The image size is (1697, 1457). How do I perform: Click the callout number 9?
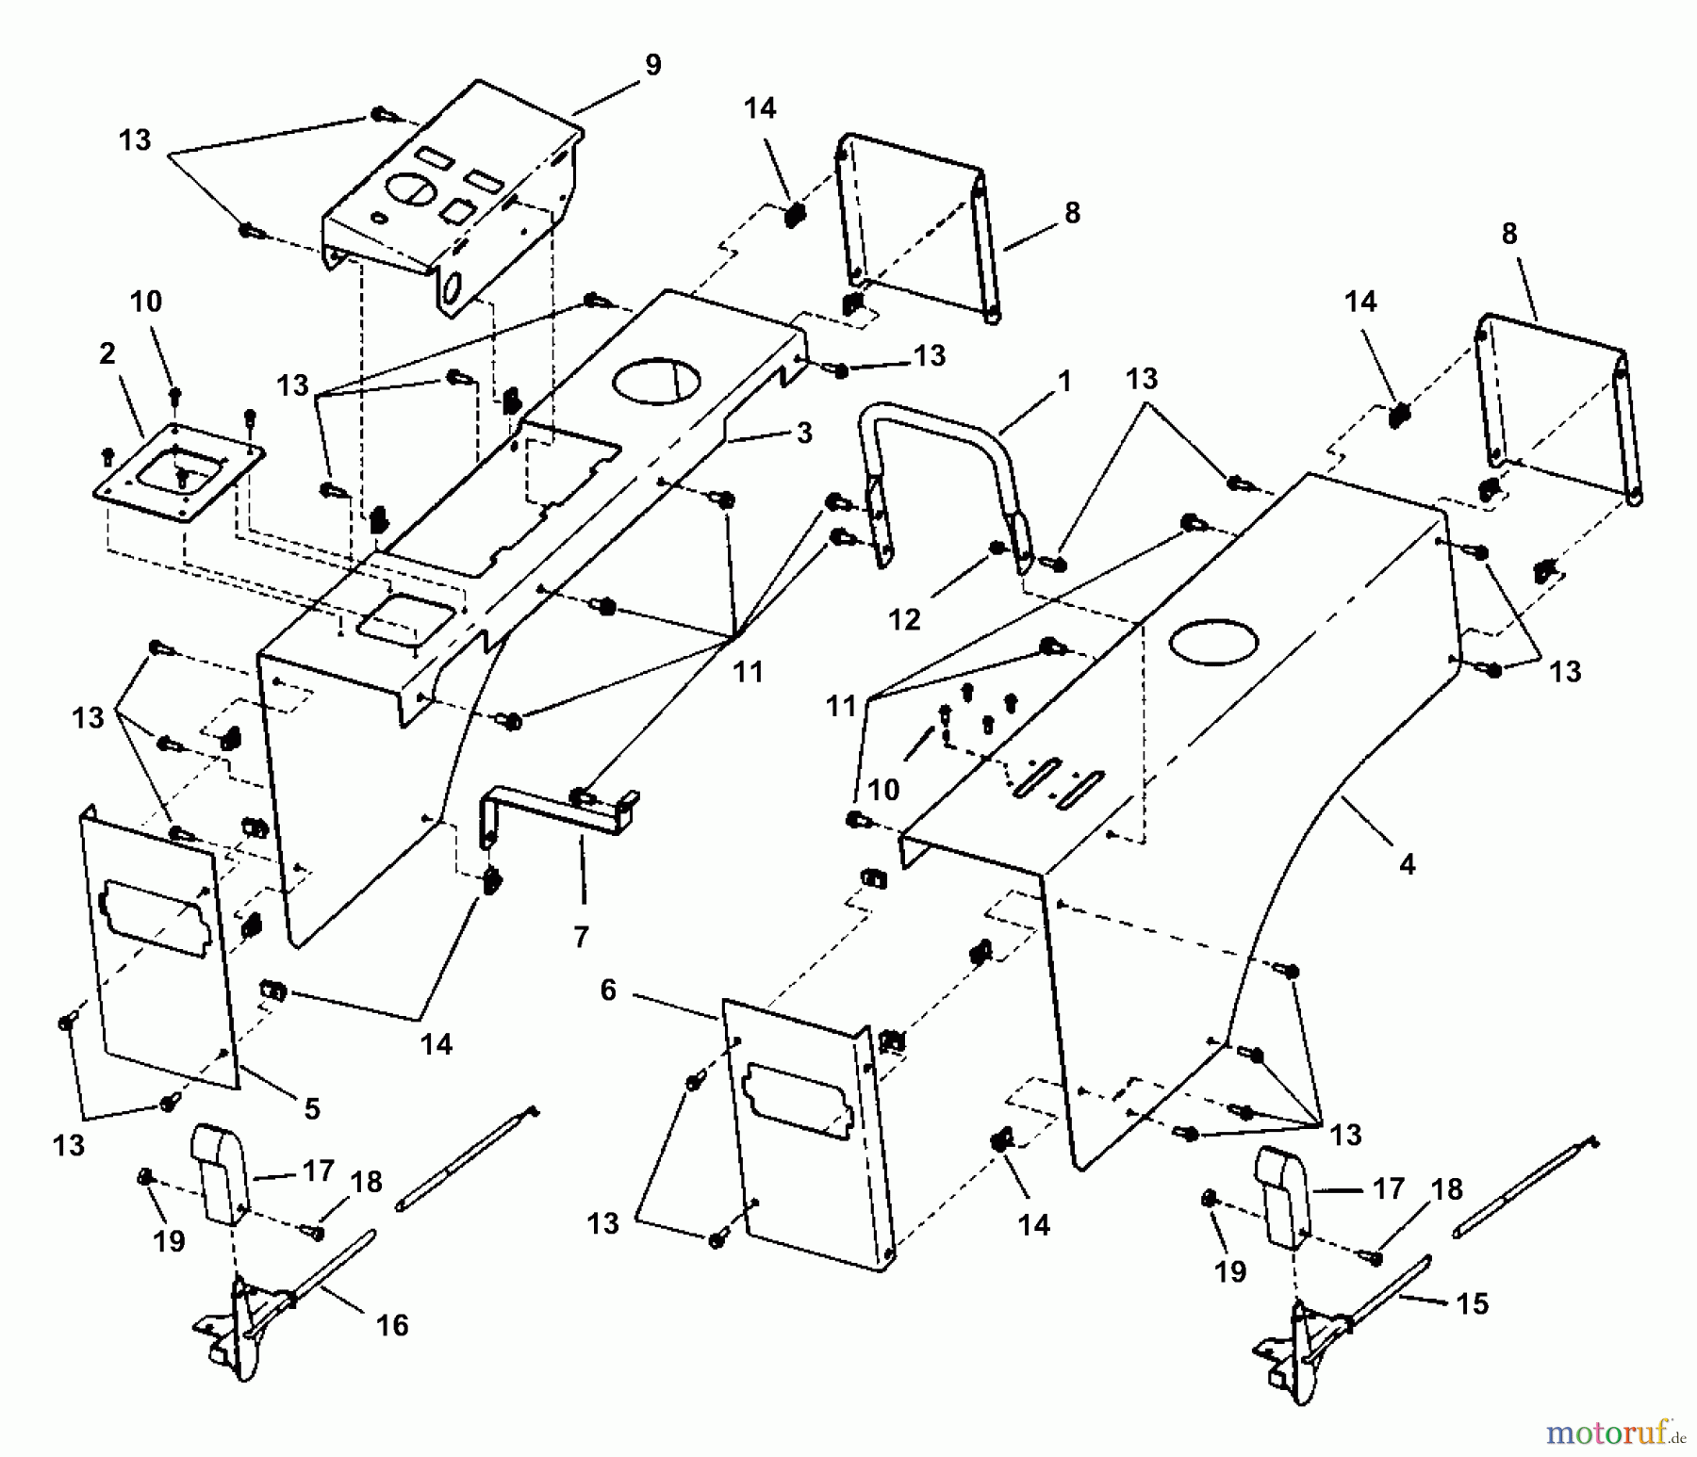click(653, 65)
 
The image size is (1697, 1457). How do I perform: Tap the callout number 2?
click(107, 353)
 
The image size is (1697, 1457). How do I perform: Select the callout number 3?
click(804, 433)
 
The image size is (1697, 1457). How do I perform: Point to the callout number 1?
click(1064, 382)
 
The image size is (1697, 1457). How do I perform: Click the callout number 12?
click(904, 619)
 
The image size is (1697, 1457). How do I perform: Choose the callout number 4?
click(1407, 863)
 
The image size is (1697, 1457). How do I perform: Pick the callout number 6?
click(608, 990)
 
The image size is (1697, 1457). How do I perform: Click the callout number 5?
click(312, 1108)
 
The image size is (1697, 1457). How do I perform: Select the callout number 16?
click(392, 1325)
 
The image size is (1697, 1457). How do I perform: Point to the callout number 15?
click(1472, 1303)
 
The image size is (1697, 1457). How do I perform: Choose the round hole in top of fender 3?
click(656, 381)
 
